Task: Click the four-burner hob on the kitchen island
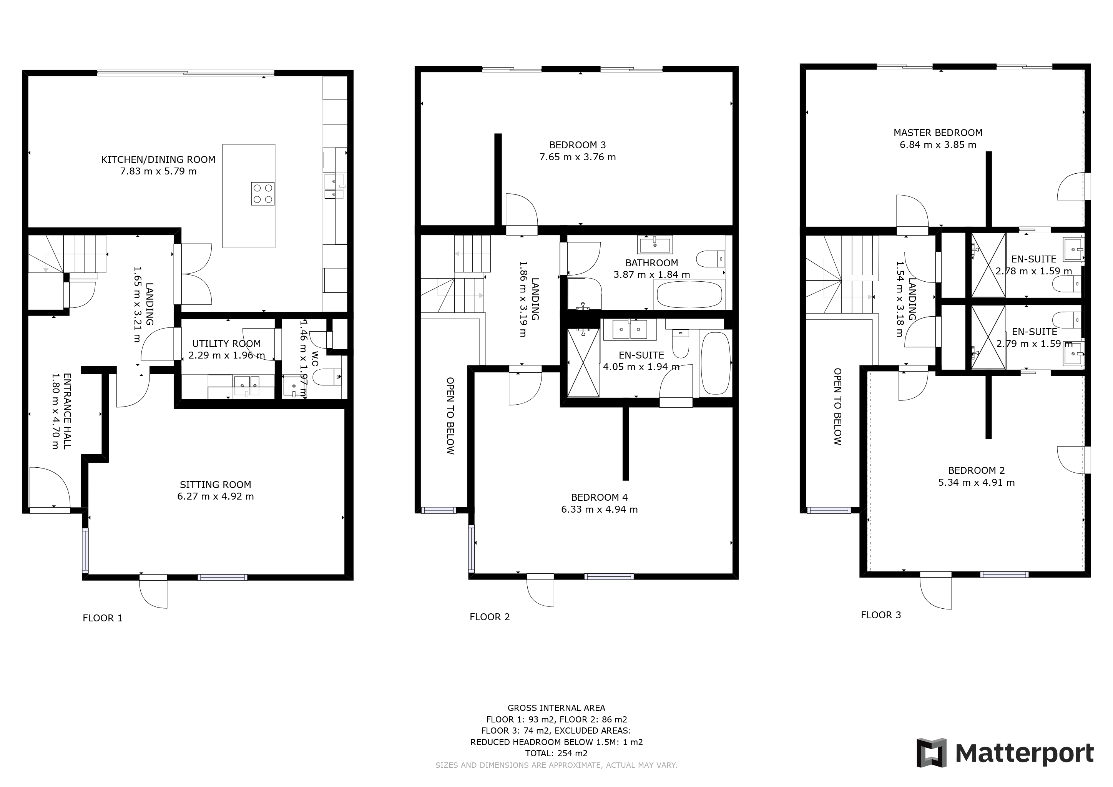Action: coord(262,193)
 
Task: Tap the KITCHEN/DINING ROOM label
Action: coord(158,159)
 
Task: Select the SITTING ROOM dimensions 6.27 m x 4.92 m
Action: coord(215,496)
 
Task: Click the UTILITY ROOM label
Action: coord(226,344)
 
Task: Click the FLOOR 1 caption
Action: coord(102,618)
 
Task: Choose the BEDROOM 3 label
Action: coord(577,145)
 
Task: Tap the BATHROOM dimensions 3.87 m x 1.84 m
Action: coord(651,275)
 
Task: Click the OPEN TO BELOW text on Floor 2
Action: coord(450,415)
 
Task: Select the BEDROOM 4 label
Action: coord(599,497)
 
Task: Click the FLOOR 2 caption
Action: coord(490,617)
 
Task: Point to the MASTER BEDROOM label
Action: coord(937,133)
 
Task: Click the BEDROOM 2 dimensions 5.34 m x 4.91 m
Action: coord(976,482)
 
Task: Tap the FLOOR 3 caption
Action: coord(881,615)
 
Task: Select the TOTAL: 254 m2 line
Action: coord(556,753)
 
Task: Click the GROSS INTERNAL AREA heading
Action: coord(556,708)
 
